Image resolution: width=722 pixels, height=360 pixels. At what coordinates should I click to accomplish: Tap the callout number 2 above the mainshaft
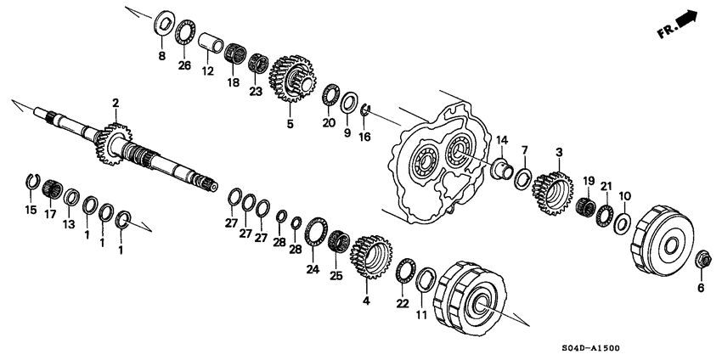point(115,103)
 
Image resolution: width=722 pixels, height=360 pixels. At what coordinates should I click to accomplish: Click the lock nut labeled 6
point(702,259)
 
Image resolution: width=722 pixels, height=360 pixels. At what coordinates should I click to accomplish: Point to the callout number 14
point(502,140)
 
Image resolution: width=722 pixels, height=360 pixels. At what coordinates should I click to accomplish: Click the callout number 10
point(624,197)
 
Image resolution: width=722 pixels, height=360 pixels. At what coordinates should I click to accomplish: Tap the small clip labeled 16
point(364,110)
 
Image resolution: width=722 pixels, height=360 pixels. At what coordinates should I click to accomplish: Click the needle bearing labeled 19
point(584,206)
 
